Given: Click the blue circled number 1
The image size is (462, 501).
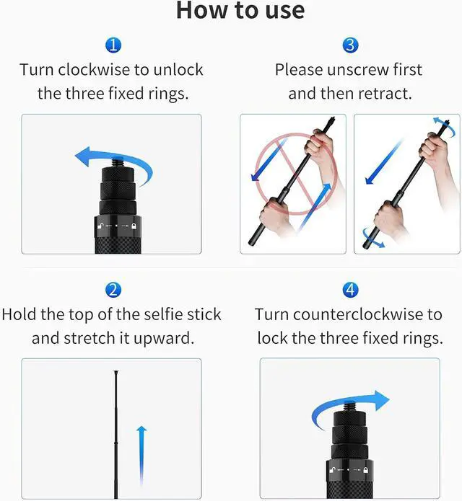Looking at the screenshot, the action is (x=113, y=45).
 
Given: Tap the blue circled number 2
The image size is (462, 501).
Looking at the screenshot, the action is (x=113, y=290).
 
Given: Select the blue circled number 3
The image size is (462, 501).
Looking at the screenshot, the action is (x=350, y=45).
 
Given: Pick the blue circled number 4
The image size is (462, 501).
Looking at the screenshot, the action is (x=350, y=290).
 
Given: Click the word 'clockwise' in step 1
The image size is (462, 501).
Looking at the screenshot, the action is (x=94, y=70).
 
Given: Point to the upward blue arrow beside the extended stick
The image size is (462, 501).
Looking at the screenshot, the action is (x=141, y=456).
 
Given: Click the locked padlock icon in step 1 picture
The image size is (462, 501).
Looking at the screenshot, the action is (x=134, y=226).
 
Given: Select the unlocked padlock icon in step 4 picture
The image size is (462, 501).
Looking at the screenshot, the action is (x=333, y=470).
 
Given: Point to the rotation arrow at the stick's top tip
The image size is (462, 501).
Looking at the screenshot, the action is (x=445, y=127).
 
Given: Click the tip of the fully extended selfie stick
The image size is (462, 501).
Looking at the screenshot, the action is (x=115, y=371).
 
